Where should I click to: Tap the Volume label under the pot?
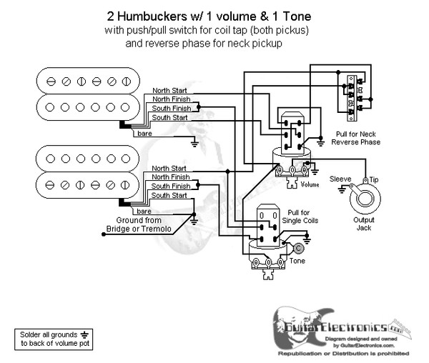[310, 184]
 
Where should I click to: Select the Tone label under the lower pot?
[297, 262]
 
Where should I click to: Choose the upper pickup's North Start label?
[170, 91]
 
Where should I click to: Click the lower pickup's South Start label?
[170, 195]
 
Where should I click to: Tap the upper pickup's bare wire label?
[144, 134]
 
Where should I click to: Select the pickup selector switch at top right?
[353, 94]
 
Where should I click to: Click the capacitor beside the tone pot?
[297, 248]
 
